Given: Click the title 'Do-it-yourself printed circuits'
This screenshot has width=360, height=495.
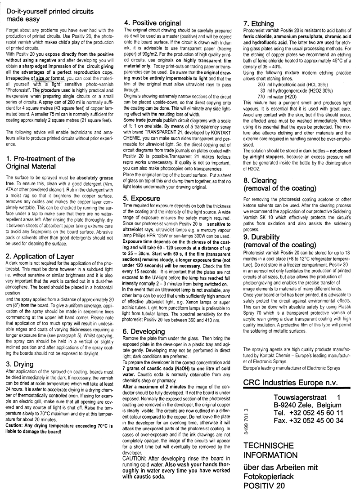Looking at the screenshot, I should (54, 11).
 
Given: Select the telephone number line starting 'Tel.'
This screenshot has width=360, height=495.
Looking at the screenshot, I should (308, 412).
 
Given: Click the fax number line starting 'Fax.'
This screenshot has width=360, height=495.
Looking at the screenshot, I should (308, 420).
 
